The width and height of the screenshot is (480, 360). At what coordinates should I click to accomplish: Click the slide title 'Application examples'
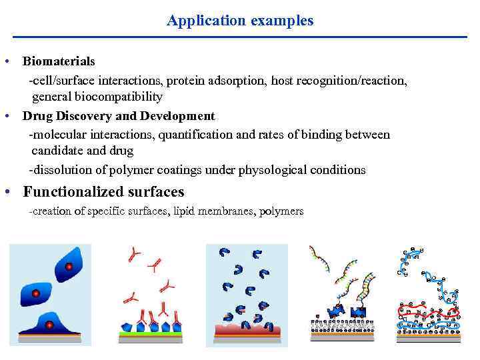(240, 21)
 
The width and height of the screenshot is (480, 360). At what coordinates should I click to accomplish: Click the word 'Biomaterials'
(59, 61)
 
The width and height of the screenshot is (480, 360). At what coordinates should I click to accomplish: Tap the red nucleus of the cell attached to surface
(49, 325)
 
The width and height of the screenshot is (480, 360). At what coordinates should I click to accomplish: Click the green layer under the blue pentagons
(153, 333)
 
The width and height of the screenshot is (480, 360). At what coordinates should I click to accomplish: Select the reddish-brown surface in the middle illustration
(247, 331)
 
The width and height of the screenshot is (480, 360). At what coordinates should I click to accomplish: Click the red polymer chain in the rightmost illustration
(427, 312)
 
